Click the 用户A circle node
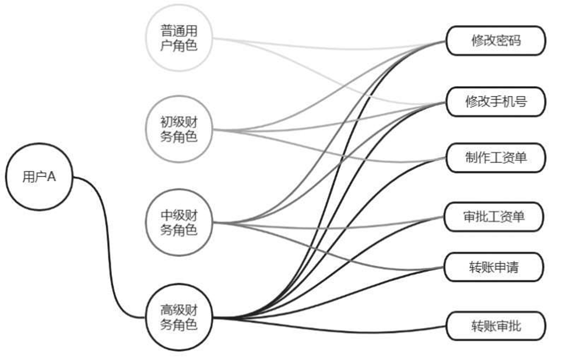tap(38, 177)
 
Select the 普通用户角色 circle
tap(178, 38)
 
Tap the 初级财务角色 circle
tap(178, 129)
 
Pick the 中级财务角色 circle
tap(178, 222)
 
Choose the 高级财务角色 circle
tap(178, 317)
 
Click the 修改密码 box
tap(496, 41)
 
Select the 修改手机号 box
tap(496, 101)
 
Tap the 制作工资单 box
tap(496, 157)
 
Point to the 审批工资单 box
tap(496, 217)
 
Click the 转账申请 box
tap(496, 267)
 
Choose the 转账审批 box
tap(496, 326)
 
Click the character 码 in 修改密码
tap(514, 41)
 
